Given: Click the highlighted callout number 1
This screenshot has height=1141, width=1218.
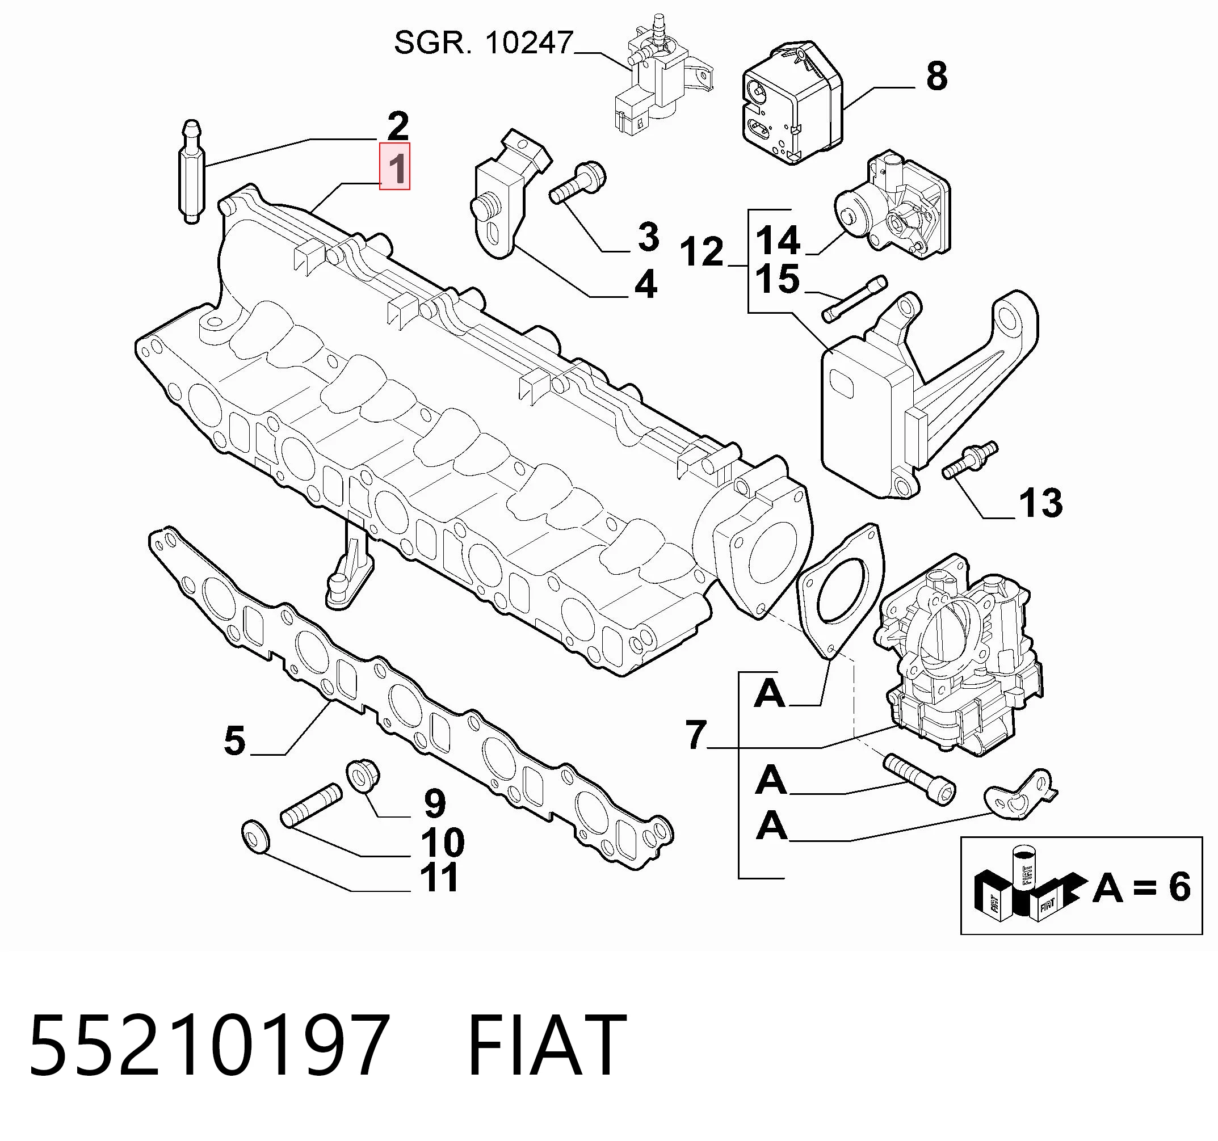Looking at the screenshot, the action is tap(395, 167).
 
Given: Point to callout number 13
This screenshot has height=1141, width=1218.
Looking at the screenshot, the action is tap(1040, 503).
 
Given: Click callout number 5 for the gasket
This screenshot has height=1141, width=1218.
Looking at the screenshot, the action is tap(234, 740).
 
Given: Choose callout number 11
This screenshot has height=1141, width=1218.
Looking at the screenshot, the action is tap(439, 877).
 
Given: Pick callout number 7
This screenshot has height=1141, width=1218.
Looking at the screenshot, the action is tap(696, 735).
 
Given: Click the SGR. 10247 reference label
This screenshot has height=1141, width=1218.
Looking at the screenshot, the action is tap(483, 44).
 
